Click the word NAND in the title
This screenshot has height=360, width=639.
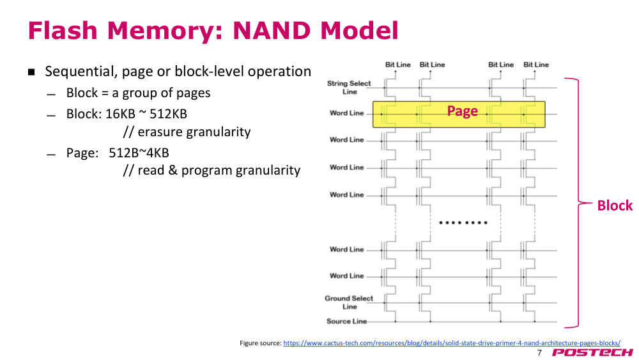point(272,31)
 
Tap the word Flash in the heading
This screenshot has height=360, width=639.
point(63,31)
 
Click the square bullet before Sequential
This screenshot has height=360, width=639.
point(31,72)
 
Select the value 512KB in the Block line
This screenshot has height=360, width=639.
point(168,114)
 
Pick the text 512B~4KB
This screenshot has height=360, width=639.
point(139,153)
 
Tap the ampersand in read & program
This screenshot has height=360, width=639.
point(173,170)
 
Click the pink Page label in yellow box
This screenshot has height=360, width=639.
point(462,111)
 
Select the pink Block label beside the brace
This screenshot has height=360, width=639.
point(615,205)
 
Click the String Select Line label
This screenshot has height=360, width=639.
point(349,87)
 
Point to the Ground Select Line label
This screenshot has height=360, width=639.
point(349,302)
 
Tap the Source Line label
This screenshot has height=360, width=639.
point(346,321)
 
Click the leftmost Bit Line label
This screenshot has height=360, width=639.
point(397,65)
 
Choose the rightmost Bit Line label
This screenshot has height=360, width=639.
point(536,65)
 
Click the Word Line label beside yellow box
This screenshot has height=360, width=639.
point(346,113)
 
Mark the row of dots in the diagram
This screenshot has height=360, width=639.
point(463,223)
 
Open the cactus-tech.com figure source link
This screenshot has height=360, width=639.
point(452,343)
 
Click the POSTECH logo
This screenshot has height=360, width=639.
point(592,353)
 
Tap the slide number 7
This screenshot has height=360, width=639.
point(539,353)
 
